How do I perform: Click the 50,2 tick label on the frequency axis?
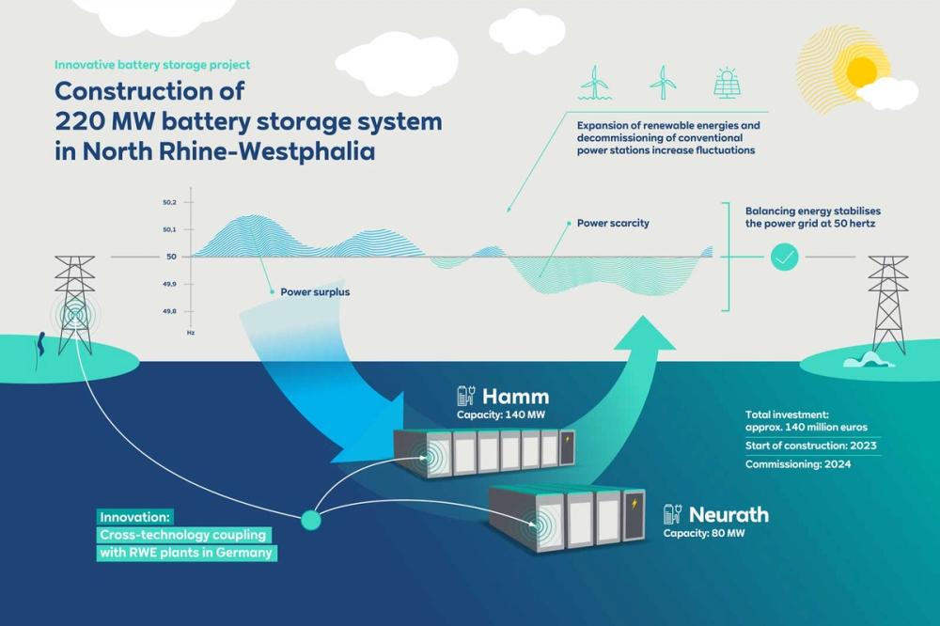(x=171, y=202)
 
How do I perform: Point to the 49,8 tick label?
(x=171, y=311)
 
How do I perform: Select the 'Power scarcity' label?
(x=613, y=224)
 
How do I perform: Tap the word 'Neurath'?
(x=728, y=514)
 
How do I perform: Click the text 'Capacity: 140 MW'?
(x=501, y=415)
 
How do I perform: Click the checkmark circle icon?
(x=784, y=257)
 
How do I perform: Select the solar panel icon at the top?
(x=727, y=83)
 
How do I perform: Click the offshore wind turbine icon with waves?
(x=594, y=83)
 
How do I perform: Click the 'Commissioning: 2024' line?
(x=798, y=464)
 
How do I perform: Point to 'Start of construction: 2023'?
(x=810, y=446)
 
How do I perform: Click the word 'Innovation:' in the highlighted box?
(x=133, y=517)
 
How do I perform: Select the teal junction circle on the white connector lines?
(x=311, y=518)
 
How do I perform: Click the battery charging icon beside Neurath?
(x=672, y=514)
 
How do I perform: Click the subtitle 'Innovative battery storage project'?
(x=152, y=65)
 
